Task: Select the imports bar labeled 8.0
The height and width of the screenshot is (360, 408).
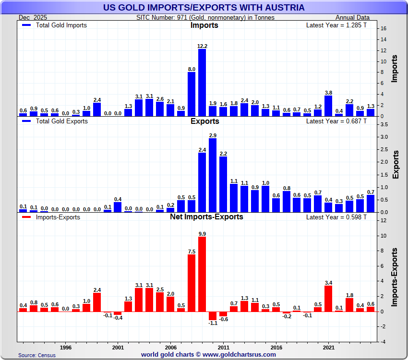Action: (192, 94)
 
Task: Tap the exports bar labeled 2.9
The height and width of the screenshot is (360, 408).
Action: (213, 175)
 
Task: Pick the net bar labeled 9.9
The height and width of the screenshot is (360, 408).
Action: (202, 274)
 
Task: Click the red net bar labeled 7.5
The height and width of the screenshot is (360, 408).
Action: (192, 283)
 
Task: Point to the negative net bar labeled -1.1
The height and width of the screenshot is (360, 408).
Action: (213, 316)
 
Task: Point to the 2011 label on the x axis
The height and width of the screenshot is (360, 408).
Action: (223, 347)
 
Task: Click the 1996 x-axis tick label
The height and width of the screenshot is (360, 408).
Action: (66, 347)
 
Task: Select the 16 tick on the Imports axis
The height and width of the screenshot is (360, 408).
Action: (384, 28)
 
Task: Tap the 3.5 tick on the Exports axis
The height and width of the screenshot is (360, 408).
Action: (384, 124)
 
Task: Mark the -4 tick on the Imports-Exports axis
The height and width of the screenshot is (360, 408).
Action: (383, 342)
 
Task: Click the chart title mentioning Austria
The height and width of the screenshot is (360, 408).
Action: (204, 7)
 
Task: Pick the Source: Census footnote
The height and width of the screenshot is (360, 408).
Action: (37, 355)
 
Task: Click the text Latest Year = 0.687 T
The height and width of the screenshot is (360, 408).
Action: (336, 121)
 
